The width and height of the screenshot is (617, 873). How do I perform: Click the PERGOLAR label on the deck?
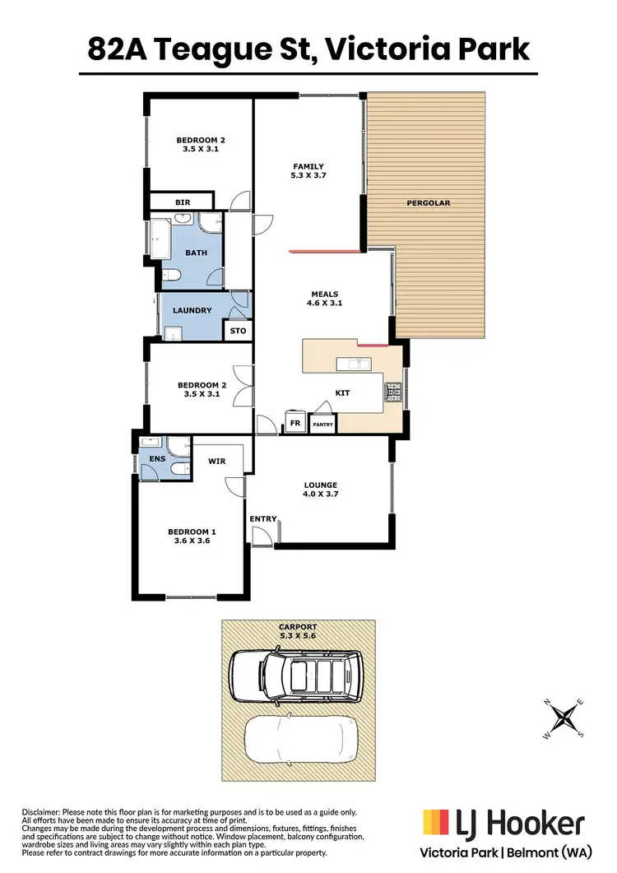pyautogui.click(x=429, y=202)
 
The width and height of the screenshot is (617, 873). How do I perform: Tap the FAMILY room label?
pyautogui.click(x=308, y=166)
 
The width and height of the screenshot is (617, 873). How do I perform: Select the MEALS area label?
pyautogui.click(x=324, y=294)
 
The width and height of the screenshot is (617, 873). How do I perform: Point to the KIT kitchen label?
pyautogui.click(x=342, y=392)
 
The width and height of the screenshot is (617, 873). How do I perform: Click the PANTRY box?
pyautogui.click(x=322, y=425)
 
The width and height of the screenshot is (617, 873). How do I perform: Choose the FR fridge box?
pyautogui.click(x=295, y=424)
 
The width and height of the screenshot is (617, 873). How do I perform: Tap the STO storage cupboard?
pyautogui.click(x=238, y=331)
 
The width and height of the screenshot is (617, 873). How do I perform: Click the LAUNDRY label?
pyautogui.click(x=193, y=310)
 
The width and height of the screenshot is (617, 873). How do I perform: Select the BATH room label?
pyautogui.click(x=196, y=253)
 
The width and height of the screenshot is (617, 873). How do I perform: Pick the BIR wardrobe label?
pyautogui.click(x=182, y=202)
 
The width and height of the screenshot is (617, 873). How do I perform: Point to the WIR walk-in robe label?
pyautogui.click(x=216, y=462)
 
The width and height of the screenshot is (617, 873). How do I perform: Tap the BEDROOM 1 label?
pyautogui.click(x=191, y=532)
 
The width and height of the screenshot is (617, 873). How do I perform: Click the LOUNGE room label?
pyautogui.click(x=320, y=485)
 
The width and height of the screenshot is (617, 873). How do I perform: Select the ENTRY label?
pyautogui.click(x=263, y=518)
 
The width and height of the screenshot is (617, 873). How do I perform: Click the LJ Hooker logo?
pyautogui.click(x=503, y=823)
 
